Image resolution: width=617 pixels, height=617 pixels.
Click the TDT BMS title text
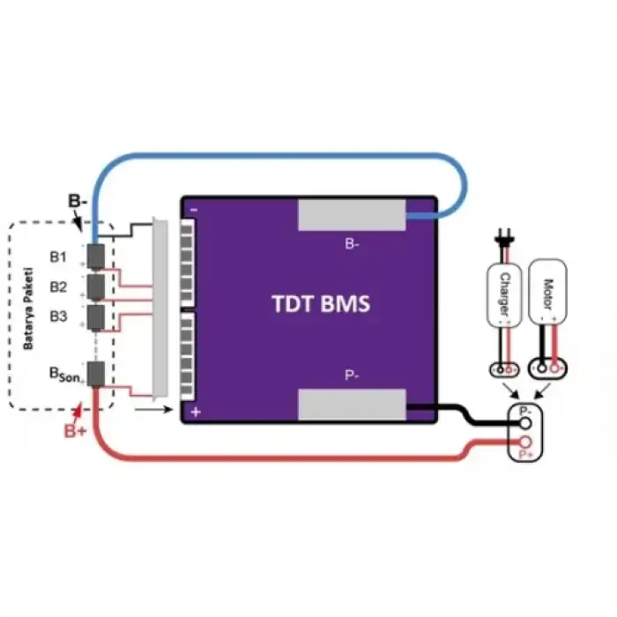[320, 304]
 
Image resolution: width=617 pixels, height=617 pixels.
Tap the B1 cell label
[58, 257]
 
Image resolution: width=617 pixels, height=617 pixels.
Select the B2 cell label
[58, 286]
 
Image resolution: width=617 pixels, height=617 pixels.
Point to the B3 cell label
[58, 315]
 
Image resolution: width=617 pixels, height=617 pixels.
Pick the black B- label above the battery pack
[78, 201]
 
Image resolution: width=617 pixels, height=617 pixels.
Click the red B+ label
[76, 432]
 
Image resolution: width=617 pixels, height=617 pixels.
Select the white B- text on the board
[351, 244]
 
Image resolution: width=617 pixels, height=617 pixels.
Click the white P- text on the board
[351, 375]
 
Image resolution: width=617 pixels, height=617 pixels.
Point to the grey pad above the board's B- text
[352, 215]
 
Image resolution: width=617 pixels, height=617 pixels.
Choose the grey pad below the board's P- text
[352, 405]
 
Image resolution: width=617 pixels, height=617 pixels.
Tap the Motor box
[548, 292]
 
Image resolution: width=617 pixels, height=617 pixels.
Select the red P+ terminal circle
[524, 442]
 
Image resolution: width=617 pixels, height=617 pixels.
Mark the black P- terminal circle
[524, 423]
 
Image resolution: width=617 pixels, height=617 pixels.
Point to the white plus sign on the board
[196, 412]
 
